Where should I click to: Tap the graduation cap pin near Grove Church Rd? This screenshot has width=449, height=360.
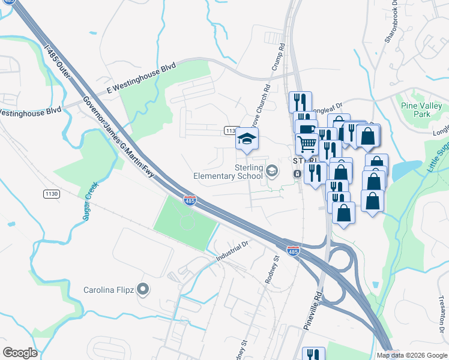(247, 139)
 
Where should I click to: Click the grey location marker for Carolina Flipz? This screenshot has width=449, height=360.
(143, 290)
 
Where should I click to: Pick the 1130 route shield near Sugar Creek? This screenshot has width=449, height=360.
(51, 193)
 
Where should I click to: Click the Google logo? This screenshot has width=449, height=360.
(20, 352)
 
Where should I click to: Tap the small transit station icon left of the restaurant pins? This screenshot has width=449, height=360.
(297, 173)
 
